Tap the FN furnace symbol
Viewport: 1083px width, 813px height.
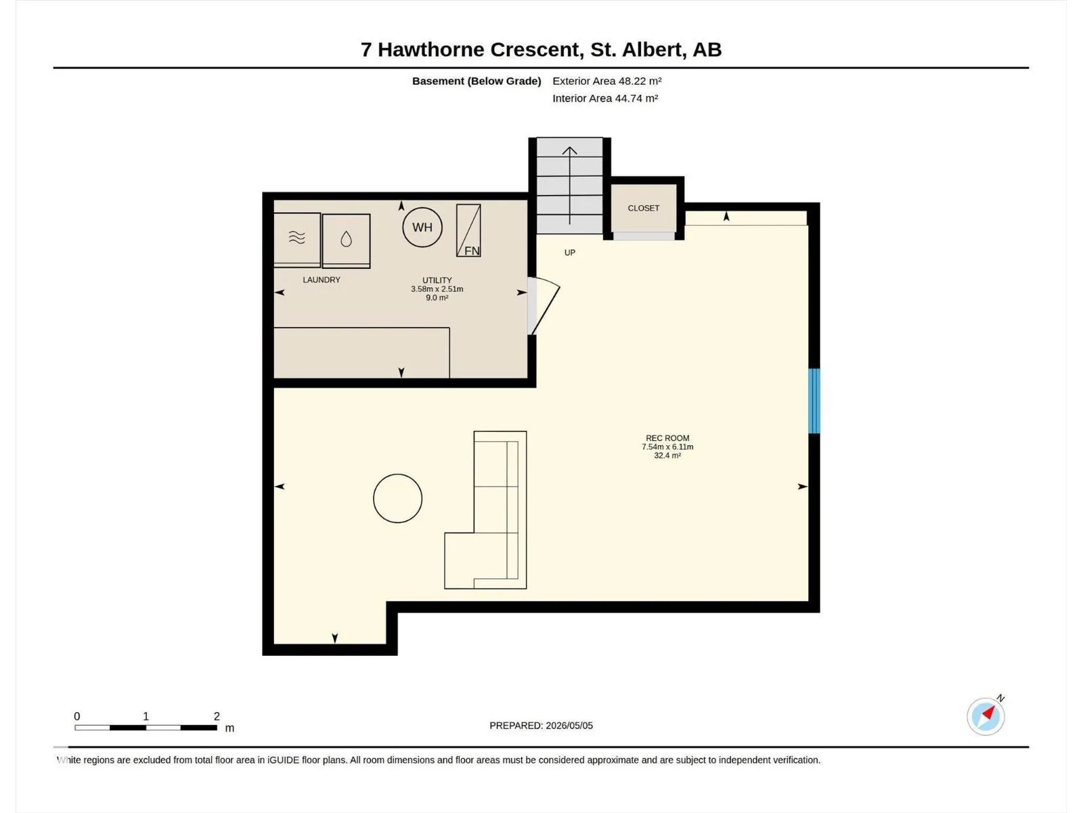point(468,230)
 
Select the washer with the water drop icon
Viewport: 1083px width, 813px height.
point(347,241)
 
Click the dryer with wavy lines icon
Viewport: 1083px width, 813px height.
point(297,240)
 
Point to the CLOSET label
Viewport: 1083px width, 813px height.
point(644,208)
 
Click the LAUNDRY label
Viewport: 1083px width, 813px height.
point(322,280)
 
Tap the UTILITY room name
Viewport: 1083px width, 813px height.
point(437,280)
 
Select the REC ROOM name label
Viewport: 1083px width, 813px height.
point(667,438)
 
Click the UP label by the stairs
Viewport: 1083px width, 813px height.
point(569,253)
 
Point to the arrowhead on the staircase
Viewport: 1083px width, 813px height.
point(569,150)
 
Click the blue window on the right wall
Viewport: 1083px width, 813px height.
point(814,401)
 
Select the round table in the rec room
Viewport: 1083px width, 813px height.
point(397,499)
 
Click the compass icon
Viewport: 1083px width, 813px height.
point(986,717)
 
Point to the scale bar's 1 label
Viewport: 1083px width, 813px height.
point(146,716)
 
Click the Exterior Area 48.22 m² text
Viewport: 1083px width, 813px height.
point(607,81)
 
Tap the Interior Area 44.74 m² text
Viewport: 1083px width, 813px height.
point(605,98)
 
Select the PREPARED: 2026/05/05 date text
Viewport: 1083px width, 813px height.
point(541,726)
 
